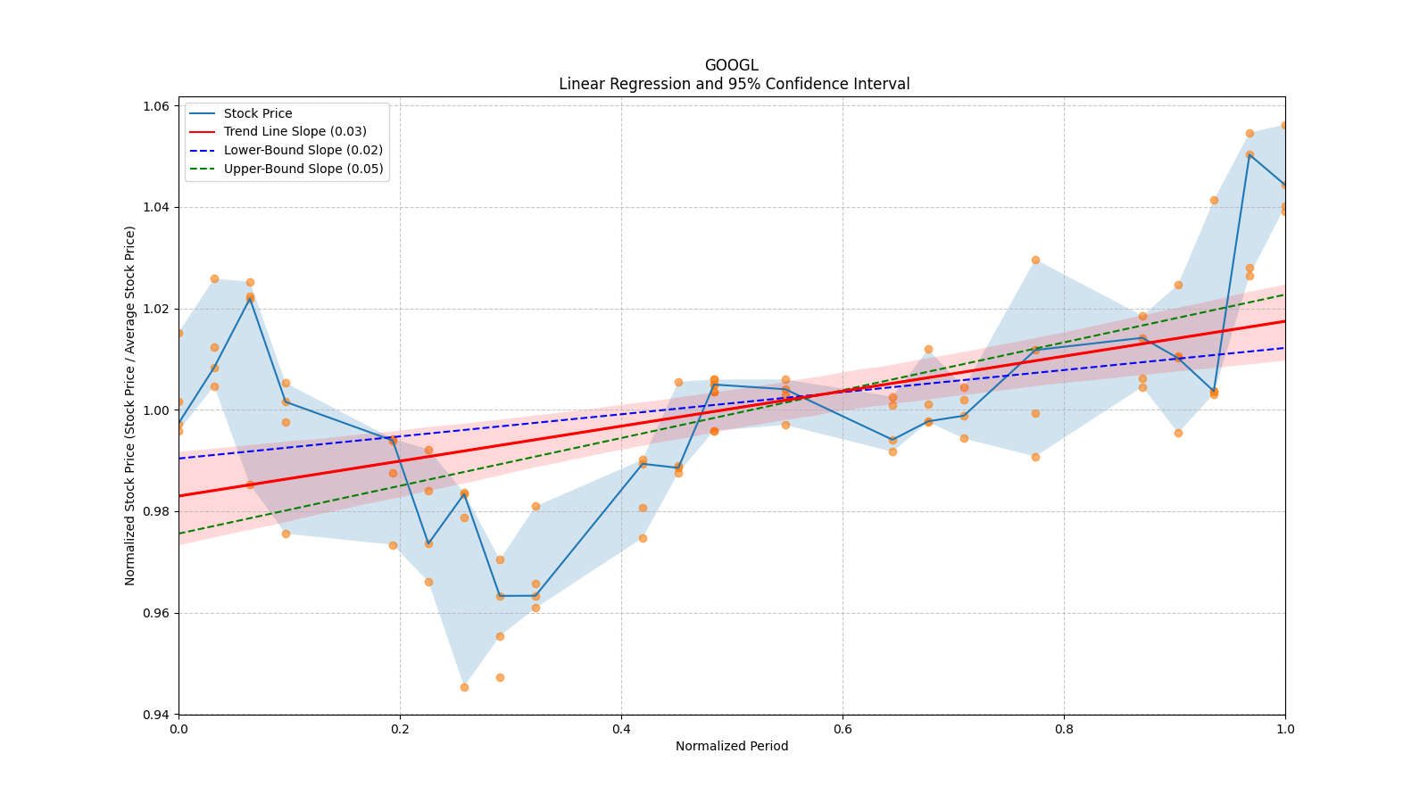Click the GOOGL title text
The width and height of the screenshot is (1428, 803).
(731, 65)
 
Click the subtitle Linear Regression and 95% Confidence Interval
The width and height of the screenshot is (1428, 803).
(734, 84)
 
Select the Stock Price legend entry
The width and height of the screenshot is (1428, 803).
(258, 113)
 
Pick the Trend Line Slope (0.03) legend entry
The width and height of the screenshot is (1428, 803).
(295, 131)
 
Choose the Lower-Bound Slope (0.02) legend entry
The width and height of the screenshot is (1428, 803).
(303, 150)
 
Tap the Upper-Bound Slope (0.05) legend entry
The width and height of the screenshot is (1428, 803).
(303, 169)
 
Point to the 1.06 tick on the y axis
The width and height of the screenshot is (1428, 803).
(157, 106)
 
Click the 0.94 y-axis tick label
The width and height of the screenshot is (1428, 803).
(157, 715)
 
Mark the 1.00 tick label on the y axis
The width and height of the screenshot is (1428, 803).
(157, 410)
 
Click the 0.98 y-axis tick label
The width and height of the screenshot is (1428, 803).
(157, 512)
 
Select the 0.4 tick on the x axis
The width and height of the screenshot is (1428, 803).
(621, 729)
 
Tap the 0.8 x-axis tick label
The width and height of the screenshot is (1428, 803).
(1064, 729)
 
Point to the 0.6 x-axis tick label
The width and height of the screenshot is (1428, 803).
(843, 729)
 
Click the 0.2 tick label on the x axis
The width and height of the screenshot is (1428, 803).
(400, 729)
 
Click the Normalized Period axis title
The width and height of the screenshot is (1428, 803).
(731, 746)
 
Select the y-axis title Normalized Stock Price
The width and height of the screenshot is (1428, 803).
(130, 405)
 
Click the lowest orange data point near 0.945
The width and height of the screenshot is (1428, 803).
(464, 687)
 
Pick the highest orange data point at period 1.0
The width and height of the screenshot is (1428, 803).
(1284, 126)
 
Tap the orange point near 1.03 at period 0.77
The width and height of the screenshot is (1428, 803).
(1035, 260)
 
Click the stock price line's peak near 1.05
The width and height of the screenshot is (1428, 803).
(1249, 154)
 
